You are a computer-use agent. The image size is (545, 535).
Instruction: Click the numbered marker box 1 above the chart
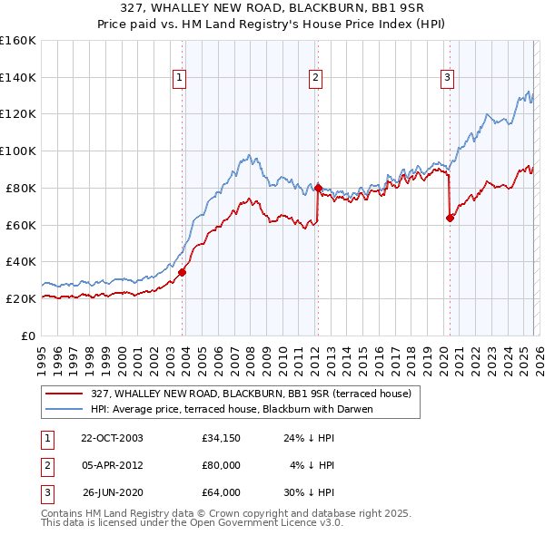179,79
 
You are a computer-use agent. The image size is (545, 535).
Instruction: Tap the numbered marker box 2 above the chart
314,79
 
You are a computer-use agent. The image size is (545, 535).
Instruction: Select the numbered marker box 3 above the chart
448,79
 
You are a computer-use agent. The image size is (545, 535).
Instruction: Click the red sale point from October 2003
183,271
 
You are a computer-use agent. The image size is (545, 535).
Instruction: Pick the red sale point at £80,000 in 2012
318,188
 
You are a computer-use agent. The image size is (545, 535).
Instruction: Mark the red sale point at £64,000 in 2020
450,217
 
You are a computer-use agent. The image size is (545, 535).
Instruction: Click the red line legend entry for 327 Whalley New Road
251,394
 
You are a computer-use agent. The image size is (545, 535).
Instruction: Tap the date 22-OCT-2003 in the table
112,438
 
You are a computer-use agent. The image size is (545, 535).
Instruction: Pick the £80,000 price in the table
222,465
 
